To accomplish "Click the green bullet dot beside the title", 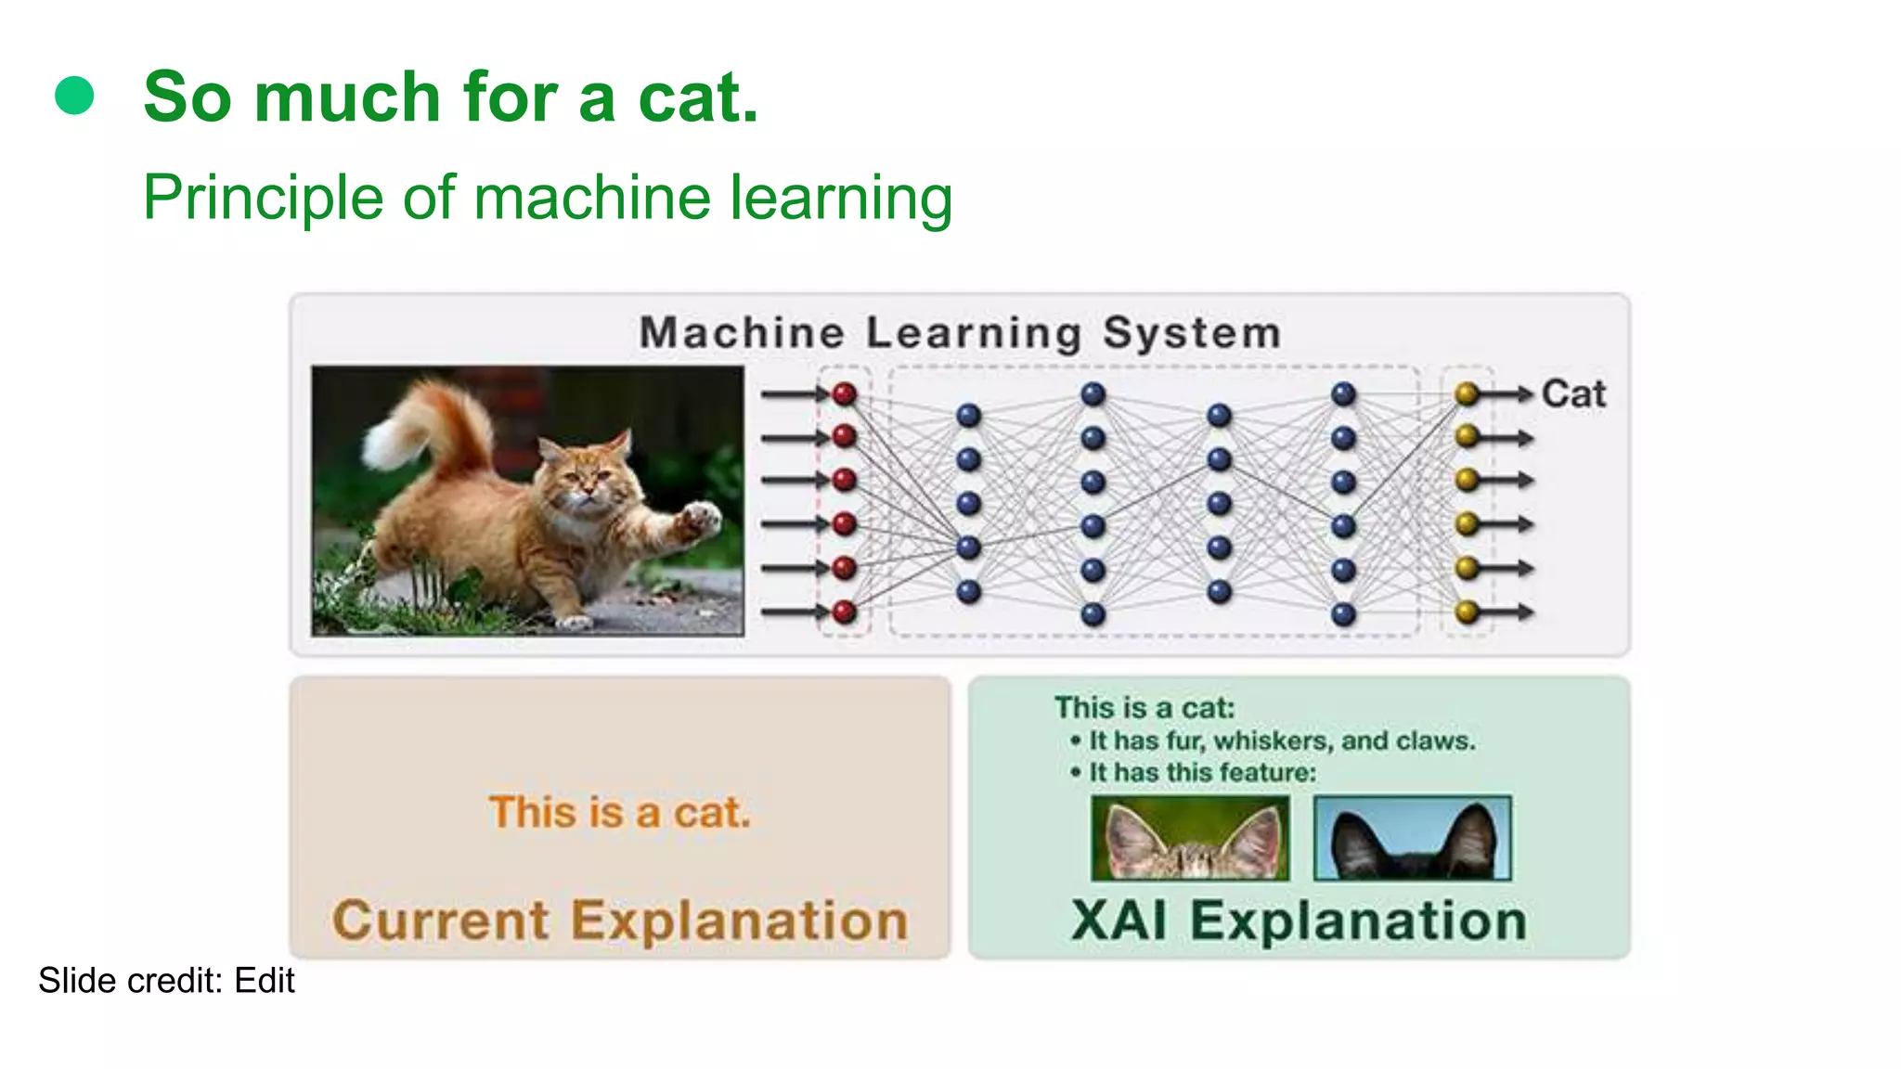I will point(74,96).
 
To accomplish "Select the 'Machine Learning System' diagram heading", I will point(960,333).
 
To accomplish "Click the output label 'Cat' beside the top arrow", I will point(1573,394).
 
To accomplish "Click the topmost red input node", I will point(844,394).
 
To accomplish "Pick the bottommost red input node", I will point(844,612).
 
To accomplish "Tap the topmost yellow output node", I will point(1467,394).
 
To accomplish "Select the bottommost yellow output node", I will point(1467,612).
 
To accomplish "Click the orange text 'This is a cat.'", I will point(619,813).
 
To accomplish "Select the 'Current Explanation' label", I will point(619,921).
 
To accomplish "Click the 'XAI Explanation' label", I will point(1299,921).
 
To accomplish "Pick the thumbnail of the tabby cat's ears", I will point(1190,838).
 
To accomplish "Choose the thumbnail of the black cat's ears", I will point(1413,838).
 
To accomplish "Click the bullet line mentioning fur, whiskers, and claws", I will point(1281,741).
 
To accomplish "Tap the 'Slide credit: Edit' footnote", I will point(166,981).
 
